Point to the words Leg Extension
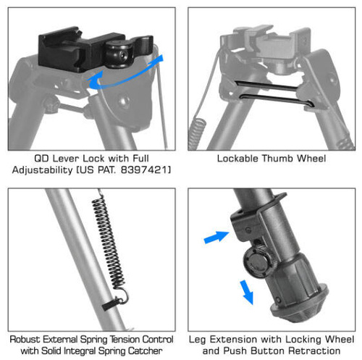click(224, 339)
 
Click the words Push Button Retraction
click(290, 351)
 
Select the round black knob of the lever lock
click(118, 52)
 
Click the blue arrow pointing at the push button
click(215, 235)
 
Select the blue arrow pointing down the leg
click(246, 292)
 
